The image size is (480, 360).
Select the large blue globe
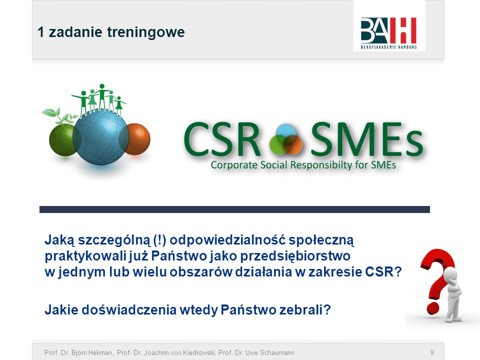pyautogui.click(x=100, y=136)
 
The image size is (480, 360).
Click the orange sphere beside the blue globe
pyautogui.click(x=135, y=139)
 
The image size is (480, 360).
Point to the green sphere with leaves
pyautogui.click(x=62, y=137)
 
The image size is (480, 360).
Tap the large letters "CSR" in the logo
pyautogui.click(x=222, y=139)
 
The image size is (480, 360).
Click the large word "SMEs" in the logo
pyautogui.click(x=366, y=139)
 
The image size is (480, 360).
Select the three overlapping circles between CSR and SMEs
pyautogui.click(x=286, y=139)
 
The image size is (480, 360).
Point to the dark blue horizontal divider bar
pyautogui.click(x=234, y=209)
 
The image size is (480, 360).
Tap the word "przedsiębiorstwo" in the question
pyautogui.click(x=295, y=256)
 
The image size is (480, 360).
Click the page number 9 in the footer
pyautogui.click(x=432, y=352)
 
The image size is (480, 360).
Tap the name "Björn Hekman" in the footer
pyautogui.click(x=92, y=352)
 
